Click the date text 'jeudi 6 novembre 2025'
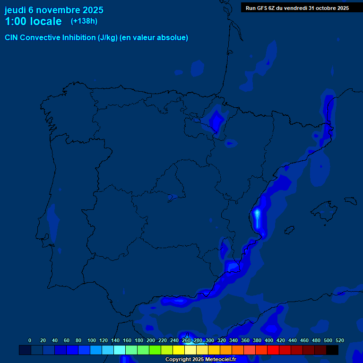point(54,10)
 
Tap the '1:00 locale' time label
point(33,21)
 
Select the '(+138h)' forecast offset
point(84,21)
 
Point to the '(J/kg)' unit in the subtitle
point(108,38)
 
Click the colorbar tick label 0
point(30,341)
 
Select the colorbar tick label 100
point(92,341)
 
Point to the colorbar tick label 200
point(151,341)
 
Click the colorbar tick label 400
point(269,341)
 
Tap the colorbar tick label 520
point(339,341)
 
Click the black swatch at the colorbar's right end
point(332,350)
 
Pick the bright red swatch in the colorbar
point(273,350)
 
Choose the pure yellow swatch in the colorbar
point(179,350)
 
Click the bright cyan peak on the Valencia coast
point(257,215)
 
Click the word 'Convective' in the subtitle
point(41,38)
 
